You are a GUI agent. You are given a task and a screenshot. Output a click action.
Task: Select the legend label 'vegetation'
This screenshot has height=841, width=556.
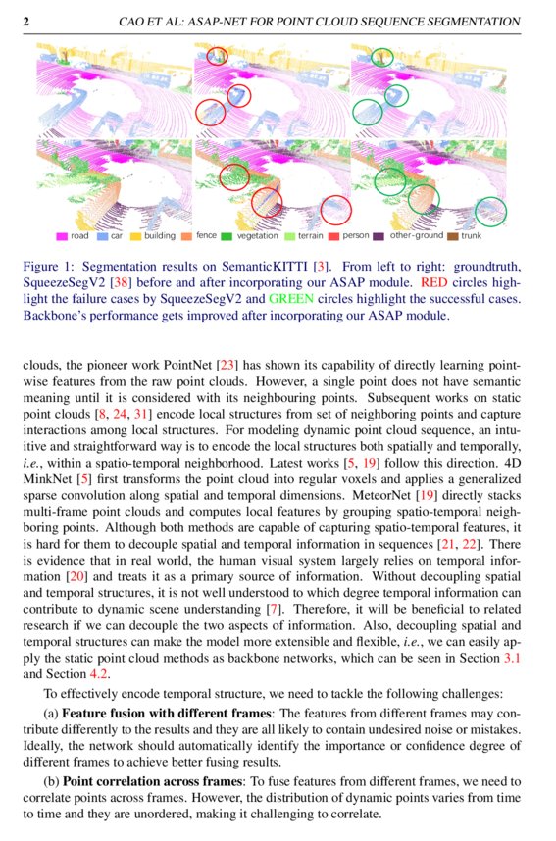coord(257,236)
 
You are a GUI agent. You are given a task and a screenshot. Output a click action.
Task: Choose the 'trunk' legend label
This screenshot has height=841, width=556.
coord(472,236)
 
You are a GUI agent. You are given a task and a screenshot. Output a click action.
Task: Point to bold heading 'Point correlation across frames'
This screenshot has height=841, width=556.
coord(162,782)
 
